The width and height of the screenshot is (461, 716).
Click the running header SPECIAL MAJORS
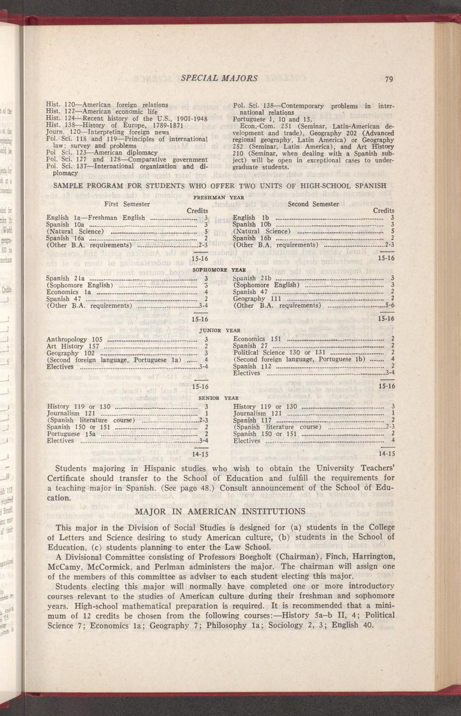(x=219, y=78)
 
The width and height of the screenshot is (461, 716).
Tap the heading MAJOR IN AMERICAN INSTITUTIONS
(x=220, y=512)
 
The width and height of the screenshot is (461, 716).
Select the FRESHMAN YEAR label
(x=219, y=198)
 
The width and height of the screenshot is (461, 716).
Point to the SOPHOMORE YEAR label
(x=219, y=270)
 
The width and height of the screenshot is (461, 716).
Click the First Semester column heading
(x=127, y=204)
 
